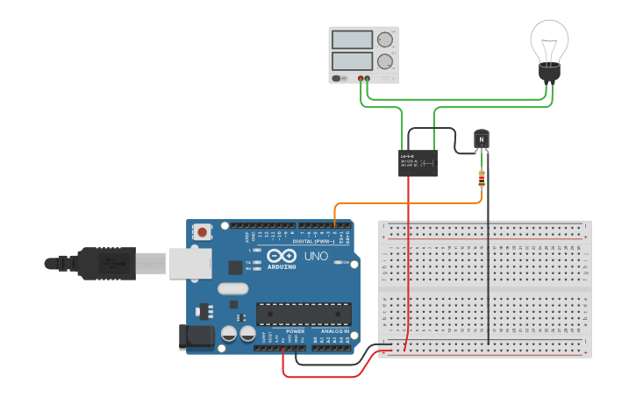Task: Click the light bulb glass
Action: point(549,40)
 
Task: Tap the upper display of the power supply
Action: point(352,39)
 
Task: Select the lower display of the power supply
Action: point(352,61)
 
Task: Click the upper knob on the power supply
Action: point(384,39)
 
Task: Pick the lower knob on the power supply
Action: point(384,61)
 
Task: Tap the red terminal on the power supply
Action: point(360,78)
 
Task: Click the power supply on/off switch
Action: point(338,78)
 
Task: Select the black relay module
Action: point(418,162)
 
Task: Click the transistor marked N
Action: point(482,139)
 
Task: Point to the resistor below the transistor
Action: point(481,180)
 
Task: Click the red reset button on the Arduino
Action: point(203,233)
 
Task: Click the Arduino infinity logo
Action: point(281,256)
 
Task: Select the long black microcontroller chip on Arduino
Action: point(304,314)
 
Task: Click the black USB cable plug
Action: point(105,262)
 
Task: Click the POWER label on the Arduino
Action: point(295,331)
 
